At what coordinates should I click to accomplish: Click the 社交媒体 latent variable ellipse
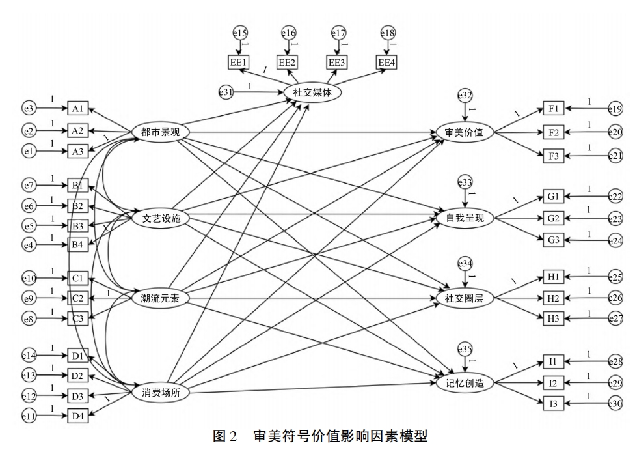click(313, 92)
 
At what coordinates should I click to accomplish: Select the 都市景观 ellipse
click(161, 132)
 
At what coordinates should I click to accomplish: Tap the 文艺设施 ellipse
click(161, 219)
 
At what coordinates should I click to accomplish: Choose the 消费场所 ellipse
click(161, 392)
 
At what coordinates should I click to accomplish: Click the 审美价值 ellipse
click(465, 132)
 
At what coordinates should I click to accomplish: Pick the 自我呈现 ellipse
click(465, 218)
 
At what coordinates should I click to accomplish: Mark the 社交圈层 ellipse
click(465, 299)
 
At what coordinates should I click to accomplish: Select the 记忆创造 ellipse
click(465, 384)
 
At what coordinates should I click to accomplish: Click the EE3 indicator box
click(337, 63)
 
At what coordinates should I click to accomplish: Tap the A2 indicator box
click(78, 131)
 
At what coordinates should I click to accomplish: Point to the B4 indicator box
click(78, 245)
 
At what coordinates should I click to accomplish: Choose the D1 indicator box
click(78, 356)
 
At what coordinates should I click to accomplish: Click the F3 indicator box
click(554, 156)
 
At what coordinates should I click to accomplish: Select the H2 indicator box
click(554, 298)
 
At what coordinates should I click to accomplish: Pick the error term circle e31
click(225, 92)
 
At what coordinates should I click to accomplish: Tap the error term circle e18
click(388, 32)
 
